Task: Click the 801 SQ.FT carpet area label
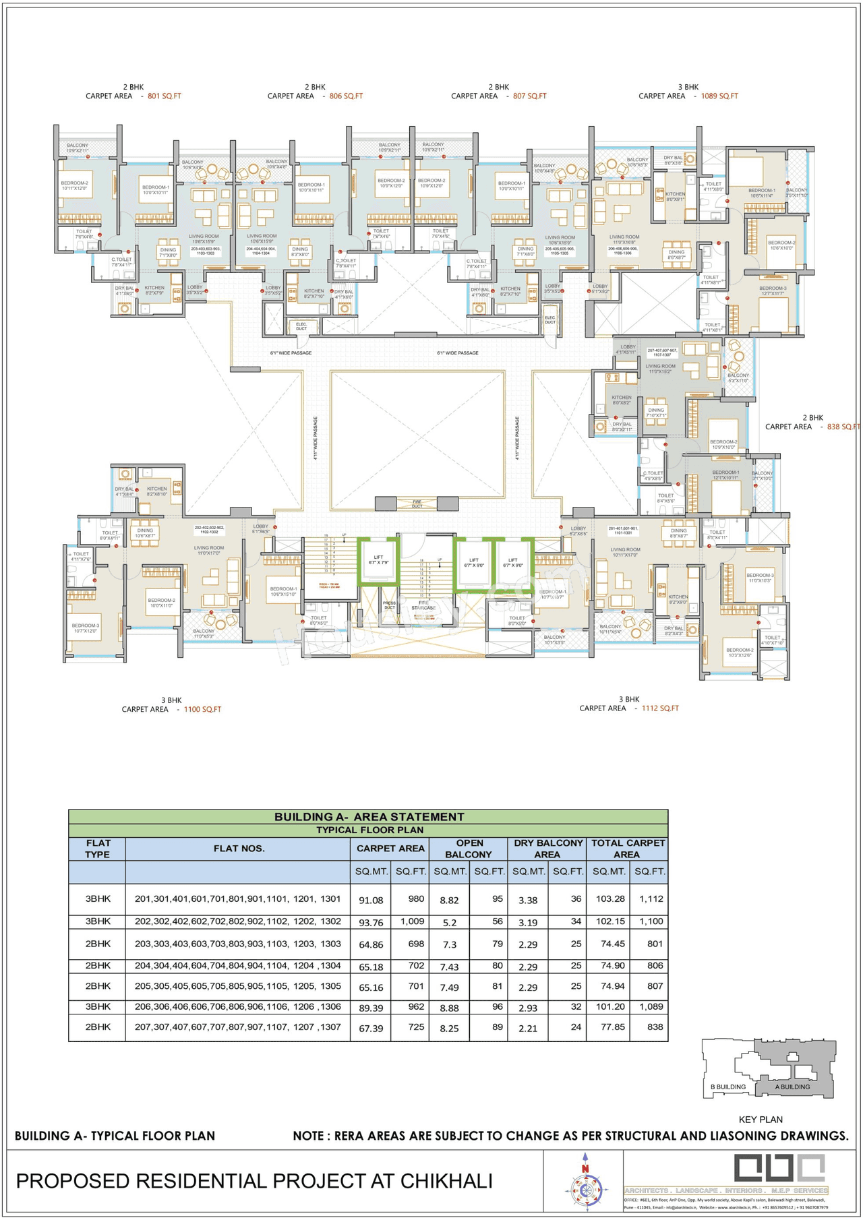click(x=164, y=96)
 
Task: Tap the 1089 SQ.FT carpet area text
click(x=719, y=96)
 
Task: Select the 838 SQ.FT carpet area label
click(x=843, y=427)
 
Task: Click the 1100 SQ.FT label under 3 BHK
click(x=202, y=709)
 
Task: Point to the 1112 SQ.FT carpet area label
click(x=659, y=708)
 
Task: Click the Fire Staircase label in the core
click(x=423, y=605)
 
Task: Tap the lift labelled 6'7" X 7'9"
click(x=378, y=560)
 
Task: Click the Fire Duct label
click(x=417, y=504)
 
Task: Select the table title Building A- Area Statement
click(x=369, y=817)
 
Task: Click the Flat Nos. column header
click(x=239, y=849)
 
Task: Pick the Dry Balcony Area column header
click(x=547, y=849)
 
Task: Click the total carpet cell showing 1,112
click(x=651, y=898)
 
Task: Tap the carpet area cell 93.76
click(x=371, y=922)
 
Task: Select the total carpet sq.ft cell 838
click(x=654, y=1027)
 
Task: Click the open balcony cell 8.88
click(x=449, y=1008)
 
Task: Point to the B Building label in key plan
click(x=728, y=1087)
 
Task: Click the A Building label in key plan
click(x=792, y=1087)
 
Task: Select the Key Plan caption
click(x=761, y=1120)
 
